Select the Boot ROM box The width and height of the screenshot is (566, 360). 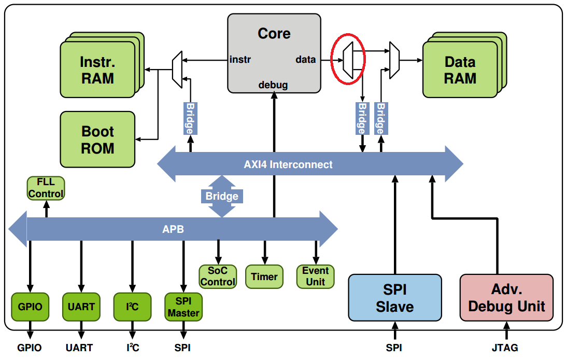coord(98,140)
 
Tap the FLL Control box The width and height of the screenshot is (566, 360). coord(46,188)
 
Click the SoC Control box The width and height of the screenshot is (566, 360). coord(218,276)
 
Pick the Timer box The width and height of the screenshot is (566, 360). coord(264,276)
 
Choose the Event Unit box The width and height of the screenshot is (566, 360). coord(315,276)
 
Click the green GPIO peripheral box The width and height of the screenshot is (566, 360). coord(30,307)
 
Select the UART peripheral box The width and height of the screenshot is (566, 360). coord(81,307)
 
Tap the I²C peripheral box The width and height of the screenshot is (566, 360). coord(133,307)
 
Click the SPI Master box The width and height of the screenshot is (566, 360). coord(183,307)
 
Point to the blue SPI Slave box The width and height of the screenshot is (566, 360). coord(395,298)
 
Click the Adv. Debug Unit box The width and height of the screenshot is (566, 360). coord(506,298)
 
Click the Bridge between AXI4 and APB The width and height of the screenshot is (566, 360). coord(222,196)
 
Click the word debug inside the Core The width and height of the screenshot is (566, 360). coord(273,85)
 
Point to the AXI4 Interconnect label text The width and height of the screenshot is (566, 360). coord(288,164)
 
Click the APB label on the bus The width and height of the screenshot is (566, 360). coord(173,229)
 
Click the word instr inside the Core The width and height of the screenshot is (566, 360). coord(240,59)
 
